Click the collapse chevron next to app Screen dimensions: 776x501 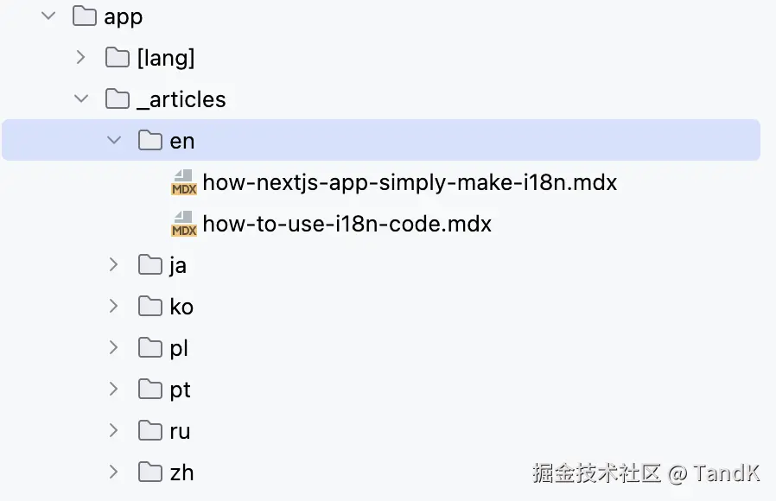coord(48,16)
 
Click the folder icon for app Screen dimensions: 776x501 coord(84,16)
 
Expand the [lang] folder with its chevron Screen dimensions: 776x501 coord(80,57)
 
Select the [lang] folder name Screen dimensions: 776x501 coord(166,58)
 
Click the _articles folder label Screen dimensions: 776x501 coord(181,99)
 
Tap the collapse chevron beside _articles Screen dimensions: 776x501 coord(81,98)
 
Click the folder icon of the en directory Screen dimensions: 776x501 coord(150,140)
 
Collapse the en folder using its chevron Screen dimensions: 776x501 coord(114,140)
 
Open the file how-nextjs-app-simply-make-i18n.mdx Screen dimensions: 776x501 coord(410,182)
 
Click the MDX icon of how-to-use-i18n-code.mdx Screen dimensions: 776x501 coord(183,224)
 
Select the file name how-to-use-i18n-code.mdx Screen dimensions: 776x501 coord(347,224)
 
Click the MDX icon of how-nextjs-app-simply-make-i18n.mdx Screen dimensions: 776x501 coord(183,182)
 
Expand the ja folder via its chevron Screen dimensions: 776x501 coord(113,264)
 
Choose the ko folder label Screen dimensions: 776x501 coord(181,307)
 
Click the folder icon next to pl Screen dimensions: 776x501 coord(150,348)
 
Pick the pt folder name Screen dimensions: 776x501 coord(180,390)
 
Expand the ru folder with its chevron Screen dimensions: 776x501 coord(113,430)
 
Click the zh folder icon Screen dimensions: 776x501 coord(150,472)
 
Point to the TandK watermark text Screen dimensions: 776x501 coord(727,472)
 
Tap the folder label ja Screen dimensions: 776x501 coord(178,265)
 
